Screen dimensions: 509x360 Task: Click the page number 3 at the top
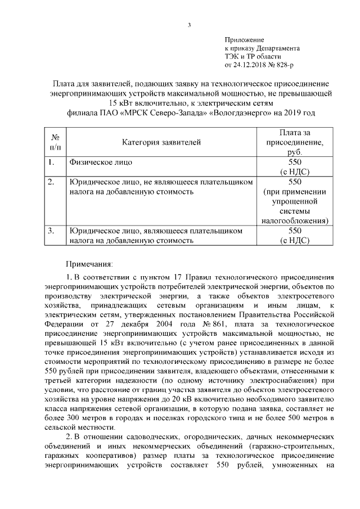point(189,24)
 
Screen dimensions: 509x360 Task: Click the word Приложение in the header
point(244,40)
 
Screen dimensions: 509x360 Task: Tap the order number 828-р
point(284,65)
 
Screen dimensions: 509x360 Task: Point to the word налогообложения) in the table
point(295,221)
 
